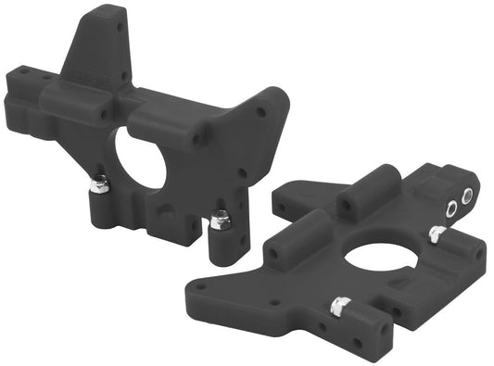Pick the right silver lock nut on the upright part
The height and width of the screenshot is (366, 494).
click(220, 221)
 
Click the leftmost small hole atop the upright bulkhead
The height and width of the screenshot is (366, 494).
click(18, 69)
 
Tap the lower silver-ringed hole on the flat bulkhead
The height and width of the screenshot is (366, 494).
click(451, 208)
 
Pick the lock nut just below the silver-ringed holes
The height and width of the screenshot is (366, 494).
click(436, 234)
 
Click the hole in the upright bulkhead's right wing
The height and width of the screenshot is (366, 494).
click(261, 113)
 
